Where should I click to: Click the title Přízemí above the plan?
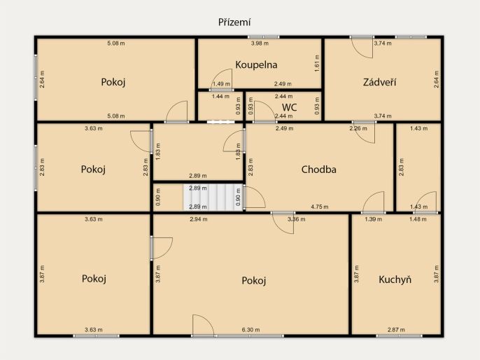pos(234,22)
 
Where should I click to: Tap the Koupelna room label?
pos(256,65)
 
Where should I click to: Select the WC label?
pos(289,107)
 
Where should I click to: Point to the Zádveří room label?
pos(379,82)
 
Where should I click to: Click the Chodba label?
pos(318,169)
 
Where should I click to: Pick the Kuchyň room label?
pos(395,279)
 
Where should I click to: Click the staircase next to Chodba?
pos(213,197)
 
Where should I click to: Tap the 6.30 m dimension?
pos(250,330)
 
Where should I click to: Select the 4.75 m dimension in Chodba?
pos(320,207)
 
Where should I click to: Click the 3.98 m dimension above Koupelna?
pos(260,43)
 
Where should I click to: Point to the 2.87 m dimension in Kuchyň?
pos(396,330)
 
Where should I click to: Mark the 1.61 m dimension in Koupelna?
pos(317,64)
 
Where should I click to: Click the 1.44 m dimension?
pos(220,97)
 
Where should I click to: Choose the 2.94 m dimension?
pos(199,219)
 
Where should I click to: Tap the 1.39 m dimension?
pos(374,219)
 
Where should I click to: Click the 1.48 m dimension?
pos(418,219)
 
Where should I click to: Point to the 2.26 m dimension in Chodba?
pos(358,128)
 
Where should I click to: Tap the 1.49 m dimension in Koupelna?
pos(221,84)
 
